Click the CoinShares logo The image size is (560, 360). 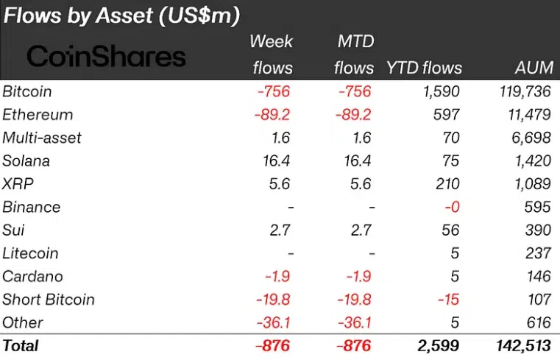click(x=107, y=56)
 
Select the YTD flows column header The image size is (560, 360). click(x=425, y=68)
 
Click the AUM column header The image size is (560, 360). click(x=534, y=68)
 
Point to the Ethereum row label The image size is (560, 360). click(x=38, y=114)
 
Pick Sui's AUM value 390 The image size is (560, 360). click(x=538, y=230)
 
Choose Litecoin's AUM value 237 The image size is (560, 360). click(x=538, y=253)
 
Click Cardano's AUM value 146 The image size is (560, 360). click(x=538, y=276)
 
